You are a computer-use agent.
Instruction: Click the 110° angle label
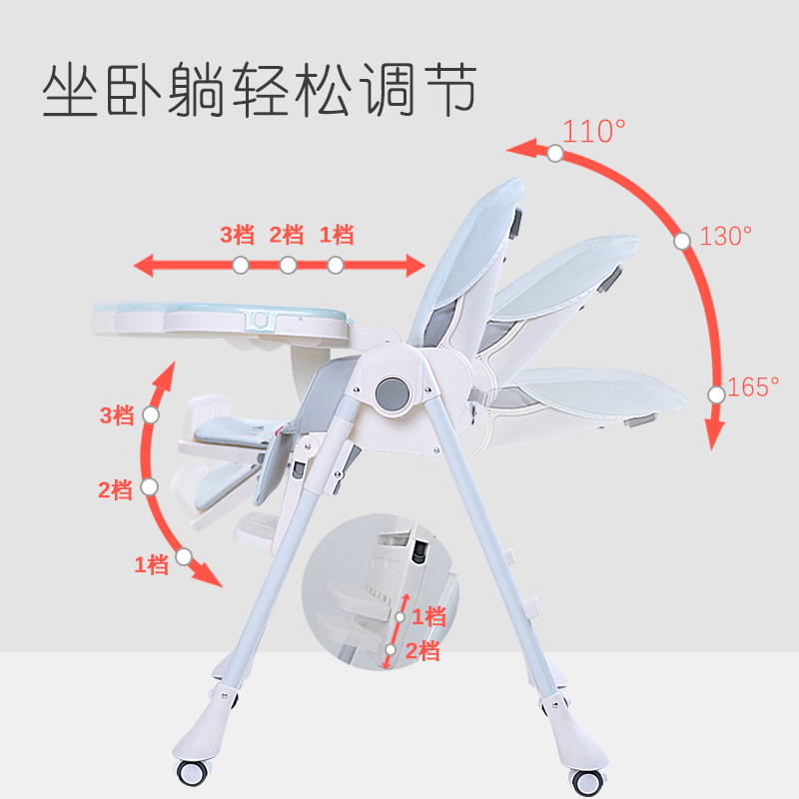pos(594,131)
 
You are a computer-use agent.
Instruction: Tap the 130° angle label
pos(725,237)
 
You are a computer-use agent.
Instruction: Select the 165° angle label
pos(753,388)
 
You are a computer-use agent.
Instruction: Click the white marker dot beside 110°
pos(555,154)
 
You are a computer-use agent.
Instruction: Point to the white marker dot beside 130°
pos(682,241)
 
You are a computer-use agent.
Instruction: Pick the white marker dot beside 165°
pos(716,395)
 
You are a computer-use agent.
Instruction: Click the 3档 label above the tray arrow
pos(238,236)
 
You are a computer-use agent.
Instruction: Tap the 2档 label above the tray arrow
pos(287,236)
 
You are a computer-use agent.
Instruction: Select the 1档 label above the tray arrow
pos(337,236)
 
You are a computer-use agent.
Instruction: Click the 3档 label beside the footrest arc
pos(116,415)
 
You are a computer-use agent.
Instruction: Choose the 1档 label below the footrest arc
pos(151,565)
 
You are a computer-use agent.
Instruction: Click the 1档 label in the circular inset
pos(427,616)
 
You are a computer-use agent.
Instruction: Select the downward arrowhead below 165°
pos(713,438)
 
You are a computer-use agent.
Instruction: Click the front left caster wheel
pos(194,774)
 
